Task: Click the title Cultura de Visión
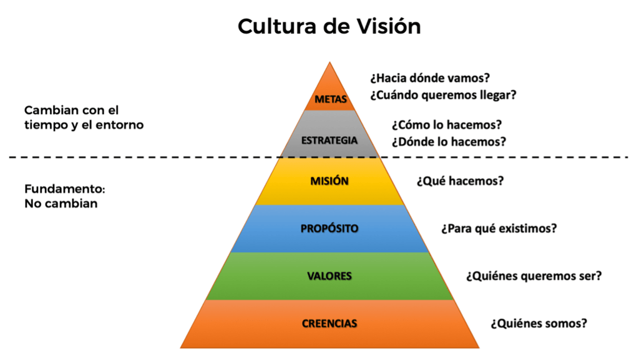(329, 26)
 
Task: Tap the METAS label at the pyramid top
(331, 99)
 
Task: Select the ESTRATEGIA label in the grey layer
(329, 140)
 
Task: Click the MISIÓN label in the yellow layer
(329, 181)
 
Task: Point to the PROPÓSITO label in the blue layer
(329, 228)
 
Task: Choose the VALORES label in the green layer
(329, 276)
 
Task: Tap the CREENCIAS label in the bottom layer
(329, 323)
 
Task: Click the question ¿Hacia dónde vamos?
(429, 79)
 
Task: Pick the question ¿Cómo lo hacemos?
(447, 125)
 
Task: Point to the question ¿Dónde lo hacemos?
(449, 142)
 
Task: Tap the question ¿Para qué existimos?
(499, 228)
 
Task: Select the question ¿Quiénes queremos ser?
(534, 275)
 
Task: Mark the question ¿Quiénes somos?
(539, 323)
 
